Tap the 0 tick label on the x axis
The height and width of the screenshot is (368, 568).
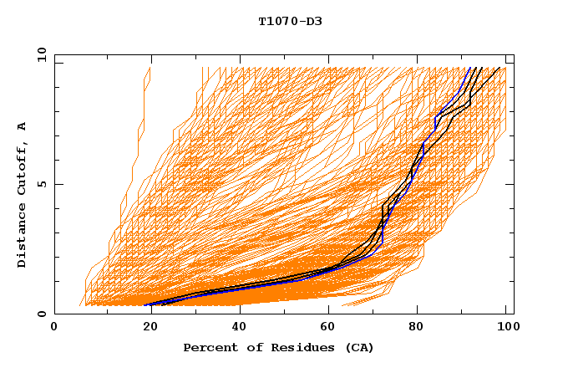point(54,328)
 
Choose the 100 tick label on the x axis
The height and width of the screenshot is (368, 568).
point(507,328)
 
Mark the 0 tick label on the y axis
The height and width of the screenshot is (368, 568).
point(41,314)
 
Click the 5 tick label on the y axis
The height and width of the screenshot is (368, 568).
point(41,184)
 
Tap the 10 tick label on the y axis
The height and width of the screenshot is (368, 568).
point(38,54)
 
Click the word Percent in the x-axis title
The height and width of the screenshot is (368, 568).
point(208,348)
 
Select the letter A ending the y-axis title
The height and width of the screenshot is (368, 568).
point(23,125)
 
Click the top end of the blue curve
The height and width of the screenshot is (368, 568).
point(471,68)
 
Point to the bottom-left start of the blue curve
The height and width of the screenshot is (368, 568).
point(145,305)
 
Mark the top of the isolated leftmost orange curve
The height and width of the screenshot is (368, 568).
point(149,68)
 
